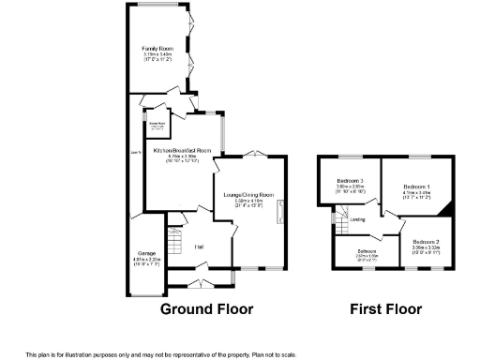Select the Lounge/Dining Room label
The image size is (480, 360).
pos(248,194)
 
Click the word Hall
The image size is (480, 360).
pos(199,247)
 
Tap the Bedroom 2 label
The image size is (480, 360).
pos(425,243)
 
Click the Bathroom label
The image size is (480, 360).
pos(367,251)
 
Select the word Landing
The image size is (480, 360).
pos(358,219)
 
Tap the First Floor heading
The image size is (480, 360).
pos(385,308)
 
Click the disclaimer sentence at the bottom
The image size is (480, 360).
pos(160,353)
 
